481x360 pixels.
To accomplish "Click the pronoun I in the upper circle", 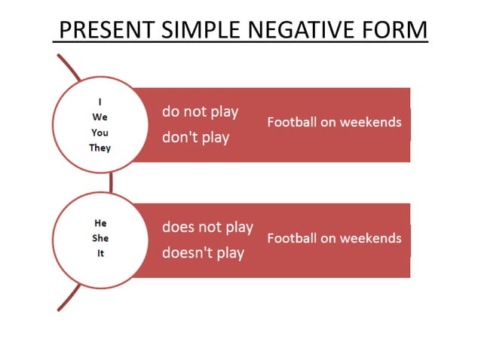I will tap(100, 102).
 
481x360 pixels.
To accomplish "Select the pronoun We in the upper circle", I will tap(100, 117).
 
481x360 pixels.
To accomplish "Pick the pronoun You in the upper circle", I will tap(100, 133).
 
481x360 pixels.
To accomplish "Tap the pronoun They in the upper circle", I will tap(100, 148).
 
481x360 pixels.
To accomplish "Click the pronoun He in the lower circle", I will tap(100, 224).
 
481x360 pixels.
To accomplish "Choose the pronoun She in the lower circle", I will tap(100, 238).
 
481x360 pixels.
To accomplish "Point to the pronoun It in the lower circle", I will tap(100, 253).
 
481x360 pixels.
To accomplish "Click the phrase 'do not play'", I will tap(200, 111).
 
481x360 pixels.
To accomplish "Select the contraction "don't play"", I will tap(195, 138).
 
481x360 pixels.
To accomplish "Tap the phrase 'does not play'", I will tap(207, 227).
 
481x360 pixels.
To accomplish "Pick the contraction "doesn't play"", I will tap(203, 252).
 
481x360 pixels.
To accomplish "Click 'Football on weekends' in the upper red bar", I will tap(334, 122).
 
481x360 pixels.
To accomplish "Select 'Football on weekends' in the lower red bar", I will tap(334, 238).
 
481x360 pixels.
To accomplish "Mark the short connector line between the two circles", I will tap(111, 182).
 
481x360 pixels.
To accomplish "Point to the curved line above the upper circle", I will tap(69, 66).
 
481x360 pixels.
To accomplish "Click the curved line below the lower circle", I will tap(69, 297).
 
